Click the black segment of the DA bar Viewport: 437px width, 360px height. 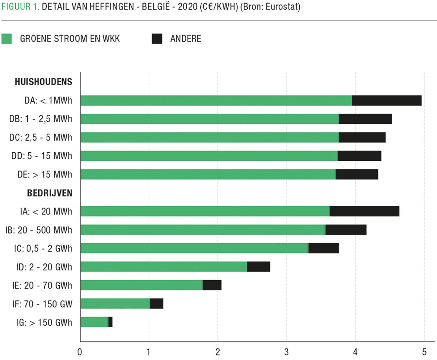coord(386,100)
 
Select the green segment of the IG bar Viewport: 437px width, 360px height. coord(94,322)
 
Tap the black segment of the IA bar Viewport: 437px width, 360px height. coord(364,211)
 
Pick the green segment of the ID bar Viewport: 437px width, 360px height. coord(164,267)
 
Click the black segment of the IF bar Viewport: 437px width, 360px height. coord(156,304)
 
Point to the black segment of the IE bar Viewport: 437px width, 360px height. coord(212,285)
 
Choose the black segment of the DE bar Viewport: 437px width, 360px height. coord(357,174)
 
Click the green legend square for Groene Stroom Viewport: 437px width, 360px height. coord(7,39)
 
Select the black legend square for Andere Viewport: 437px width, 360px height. coord(157,39)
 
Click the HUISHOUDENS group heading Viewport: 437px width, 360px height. coord(43,82)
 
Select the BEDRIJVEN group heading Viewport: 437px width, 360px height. coord(50,193)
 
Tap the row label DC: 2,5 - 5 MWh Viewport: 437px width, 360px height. coord(40,137)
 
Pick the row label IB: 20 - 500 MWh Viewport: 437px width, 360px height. coord(39,230)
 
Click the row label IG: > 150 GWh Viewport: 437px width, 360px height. coord(40,322)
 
